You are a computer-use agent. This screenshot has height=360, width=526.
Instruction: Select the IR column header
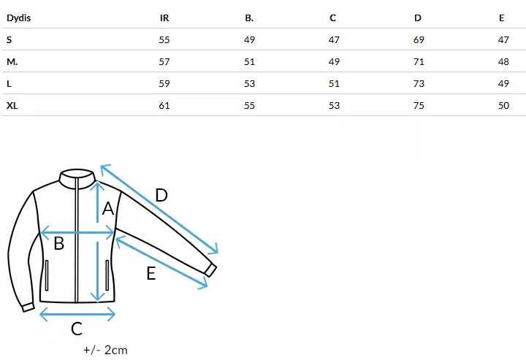pyautogui.click(x=164, y=18)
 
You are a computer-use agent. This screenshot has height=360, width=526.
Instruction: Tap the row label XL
pyautogui.click(x=12, y=105)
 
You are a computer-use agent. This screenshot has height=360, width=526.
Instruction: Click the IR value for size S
pyautogui.click(x=164, y=39)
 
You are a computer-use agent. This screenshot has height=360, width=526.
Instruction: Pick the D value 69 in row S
pyautogui.click(x=419, y=39)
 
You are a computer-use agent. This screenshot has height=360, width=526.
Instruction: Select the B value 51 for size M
pyautogui.click(x=249, y=61)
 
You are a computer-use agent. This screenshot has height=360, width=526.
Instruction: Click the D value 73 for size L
pyautogui.click(x=419, y=83)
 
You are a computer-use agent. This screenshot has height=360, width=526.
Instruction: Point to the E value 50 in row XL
pyautogui.click(x=503, y=105)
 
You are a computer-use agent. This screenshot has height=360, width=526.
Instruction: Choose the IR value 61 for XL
pyautogui.click(x=164, y=105)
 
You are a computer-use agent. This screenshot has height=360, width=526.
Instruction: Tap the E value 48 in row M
pyautogui.click(x=503, y=61)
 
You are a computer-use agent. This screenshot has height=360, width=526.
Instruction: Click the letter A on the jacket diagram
pyautogui.click(x=108, y=209)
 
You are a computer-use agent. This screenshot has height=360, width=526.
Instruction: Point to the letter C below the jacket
pyautogui.click(x=77, y=329)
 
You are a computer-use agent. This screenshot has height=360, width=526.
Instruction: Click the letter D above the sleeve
pyautogui.click(x=161, y=196)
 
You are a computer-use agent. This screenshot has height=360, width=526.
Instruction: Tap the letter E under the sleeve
pyautogui.click(x=150, y=274)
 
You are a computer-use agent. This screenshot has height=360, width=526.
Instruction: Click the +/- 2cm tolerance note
pyautogui.click(x=106, y=350)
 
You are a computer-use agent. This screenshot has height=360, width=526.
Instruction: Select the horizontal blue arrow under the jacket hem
pyautogui.click(x=77, y=314)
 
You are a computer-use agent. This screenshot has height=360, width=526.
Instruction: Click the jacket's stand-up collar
pyautogui.click(x=77, y=175)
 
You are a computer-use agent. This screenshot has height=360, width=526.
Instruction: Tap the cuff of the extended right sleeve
pyautogui.click(x=210, y=269)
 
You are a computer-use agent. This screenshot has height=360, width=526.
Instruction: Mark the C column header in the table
pyautogui.click(x=333, y=18)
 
